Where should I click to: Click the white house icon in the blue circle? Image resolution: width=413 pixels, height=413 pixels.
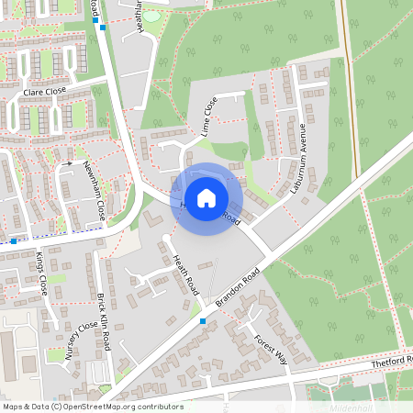tap(206, 197)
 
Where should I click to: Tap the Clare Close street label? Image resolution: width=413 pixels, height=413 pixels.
tap(45, 93)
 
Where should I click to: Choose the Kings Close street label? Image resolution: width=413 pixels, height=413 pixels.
tap(40, 272)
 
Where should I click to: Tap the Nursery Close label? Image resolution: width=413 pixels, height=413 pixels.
tap(80, 344)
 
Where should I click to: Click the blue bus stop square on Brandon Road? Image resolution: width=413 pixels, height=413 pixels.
tap(203, 321)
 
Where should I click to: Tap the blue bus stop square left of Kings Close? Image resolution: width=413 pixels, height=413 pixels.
tap(14, 241)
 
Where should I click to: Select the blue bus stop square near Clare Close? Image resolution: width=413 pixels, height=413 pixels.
tap(104, 28)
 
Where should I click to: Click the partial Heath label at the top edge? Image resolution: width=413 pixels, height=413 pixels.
tap(140, 16)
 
